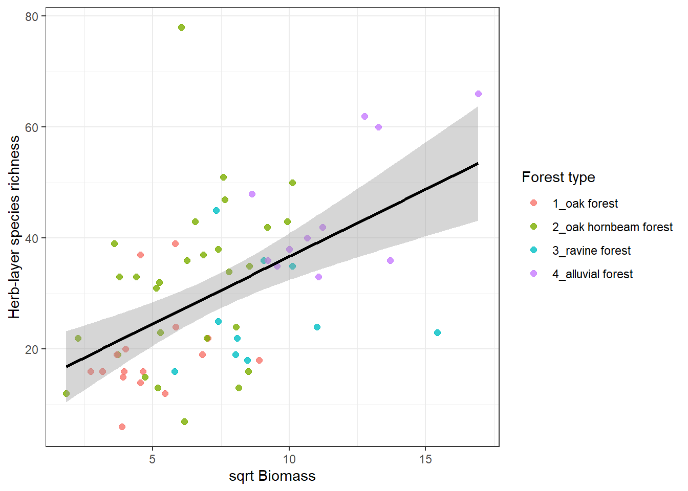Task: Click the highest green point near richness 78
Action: pyautogui.click(x=181, y=28)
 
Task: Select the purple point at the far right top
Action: pyautogui.click(x=478, y=94)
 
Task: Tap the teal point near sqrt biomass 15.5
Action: pyautogui.click(x=437, y=333)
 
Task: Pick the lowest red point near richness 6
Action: pyautogui.click(x=122, y=427)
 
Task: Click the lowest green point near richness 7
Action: pyautogui.click(x=184, y=422)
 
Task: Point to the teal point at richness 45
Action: pyautogui.click(x=216, y=211)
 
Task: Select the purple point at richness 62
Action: pyautogui.click(x=364, y=117)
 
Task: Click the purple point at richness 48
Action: pyautogui.click(x=252, y=194)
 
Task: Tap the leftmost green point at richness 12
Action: pyautogui.click(x=66, y=394)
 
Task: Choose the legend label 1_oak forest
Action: pyautogui.click(x=585, y=204)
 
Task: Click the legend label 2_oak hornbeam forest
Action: pyautogui.click(x=612, y=227)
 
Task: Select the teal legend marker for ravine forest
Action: pyautogui.click(x=533, y=250)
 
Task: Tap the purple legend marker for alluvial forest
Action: pyautogui.click(x=533, y=274)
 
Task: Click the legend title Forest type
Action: pyautogui.click(x=558, y=177)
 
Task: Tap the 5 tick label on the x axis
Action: pyautogui.click(x=152, y=459)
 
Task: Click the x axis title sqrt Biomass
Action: pyautogui.click(x=272, y=476)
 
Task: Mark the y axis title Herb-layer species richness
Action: pyautogui.click(x=14, y=227)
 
